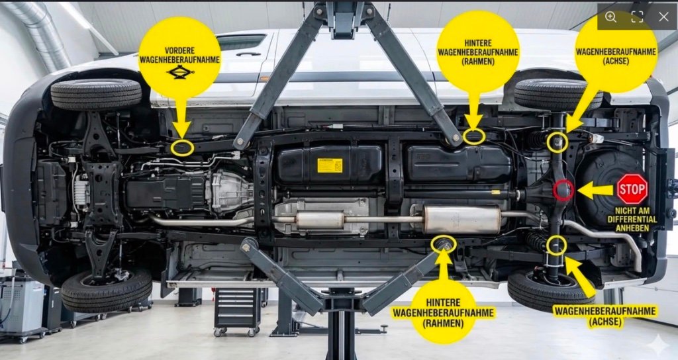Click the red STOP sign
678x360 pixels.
(632, 189)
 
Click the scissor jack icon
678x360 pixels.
(180, 71)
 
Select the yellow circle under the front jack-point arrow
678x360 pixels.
(182, 148)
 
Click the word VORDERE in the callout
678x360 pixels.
(179, 50)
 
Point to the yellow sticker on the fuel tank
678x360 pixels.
(330, 165)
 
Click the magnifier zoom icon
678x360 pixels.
(610, 17)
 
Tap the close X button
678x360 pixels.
(663, 17)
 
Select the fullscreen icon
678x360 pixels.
(637, 17)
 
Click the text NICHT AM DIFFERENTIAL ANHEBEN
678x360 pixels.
(632, 219)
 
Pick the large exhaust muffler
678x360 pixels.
(462, 219)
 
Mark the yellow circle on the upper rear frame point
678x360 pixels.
(474, 137)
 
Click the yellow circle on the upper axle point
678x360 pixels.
(557, 142)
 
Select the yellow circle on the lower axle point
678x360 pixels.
(556, 246)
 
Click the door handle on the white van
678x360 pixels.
(248, 54)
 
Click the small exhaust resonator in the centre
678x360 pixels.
(320, 220)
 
